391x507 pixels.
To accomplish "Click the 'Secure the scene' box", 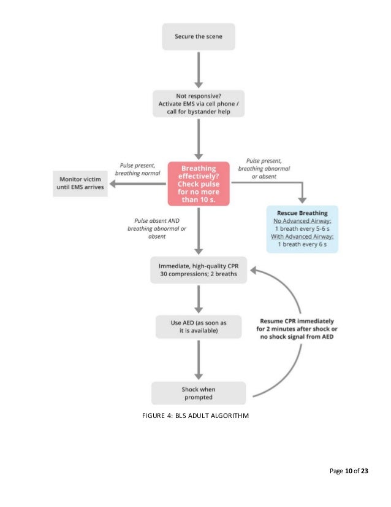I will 198,37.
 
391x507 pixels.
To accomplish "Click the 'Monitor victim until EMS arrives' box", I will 80,183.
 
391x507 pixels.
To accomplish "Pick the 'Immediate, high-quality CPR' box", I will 198,269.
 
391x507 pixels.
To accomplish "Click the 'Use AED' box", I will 198,327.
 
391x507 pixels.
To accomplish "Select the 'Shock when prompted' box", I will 198,393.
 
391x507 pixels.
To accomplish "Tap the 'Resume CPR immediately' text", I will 299,332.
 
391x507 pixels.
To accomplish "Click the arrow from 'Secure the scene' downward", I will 198,69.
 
